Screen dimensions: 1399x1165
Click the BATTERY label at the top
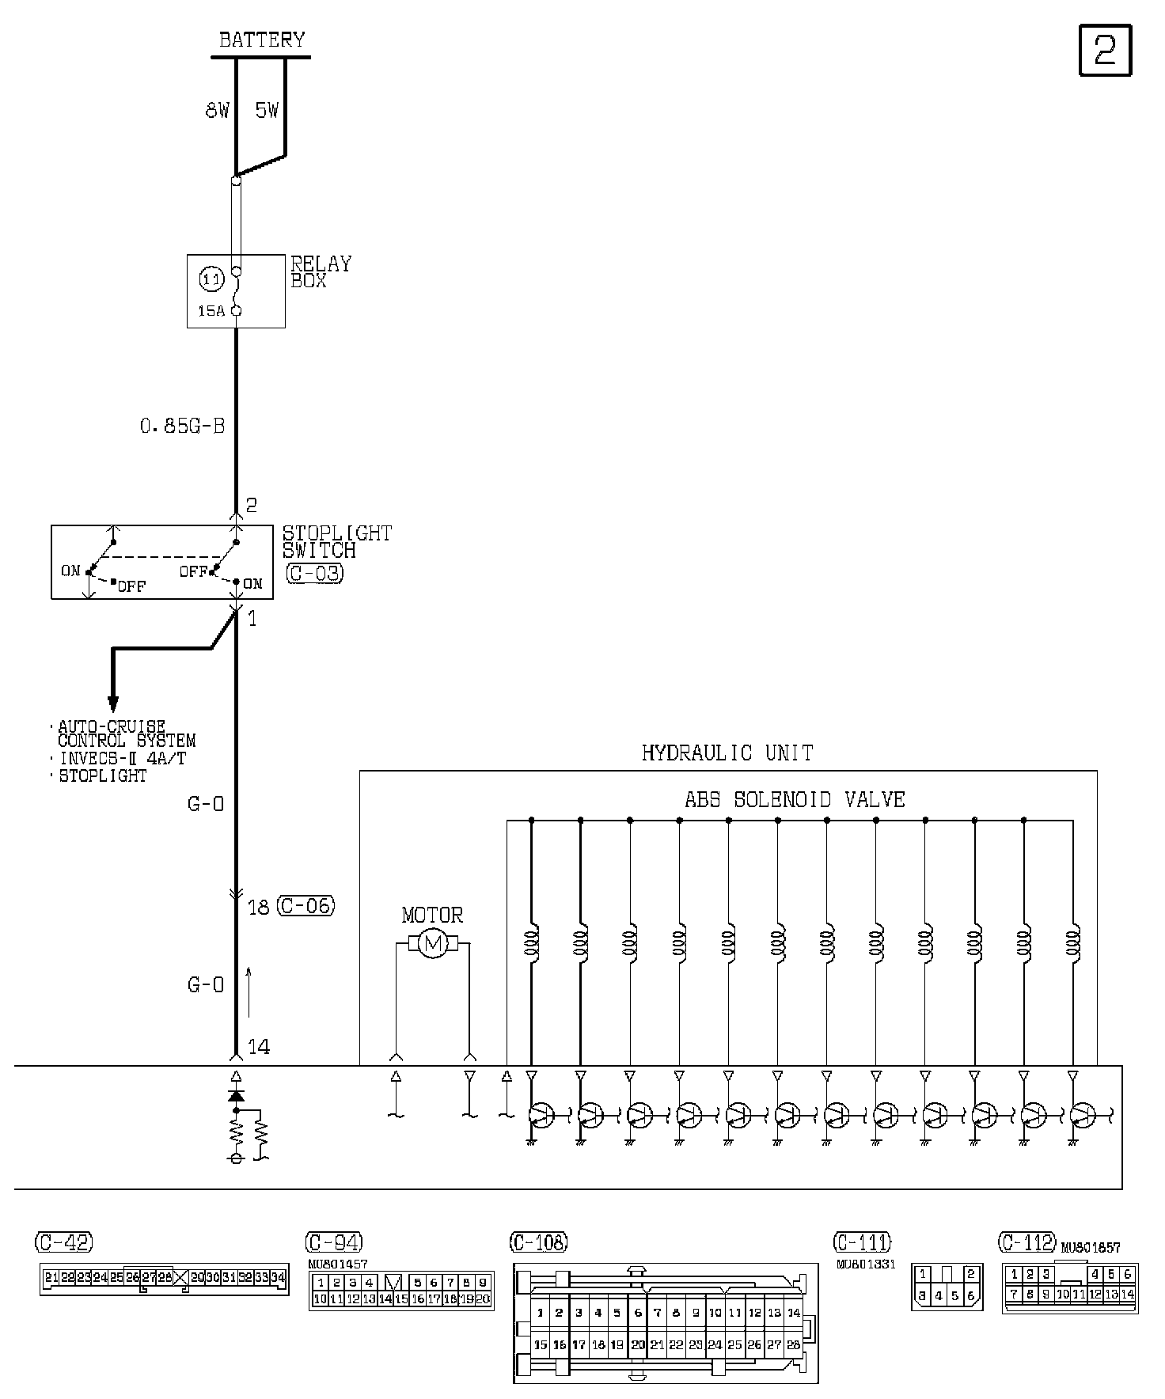click(x=261, y=40)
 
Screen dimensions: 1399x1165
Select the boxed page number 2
click(x=1105, y=51)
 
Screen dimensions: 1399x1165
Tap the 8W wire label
click(x=217, y=111)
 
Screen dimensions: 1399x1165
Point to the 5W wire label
click(x=267, y=111)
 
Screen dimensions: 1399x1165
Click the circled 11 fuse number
click(x=211, y=279)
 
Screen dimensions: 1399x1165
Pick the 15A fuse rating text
click(x=211, y=311)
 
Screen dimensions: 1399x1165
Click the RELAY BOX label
click(x=321, y=272)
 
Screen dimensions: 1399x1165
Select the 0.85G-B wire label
click(x=182, y=427)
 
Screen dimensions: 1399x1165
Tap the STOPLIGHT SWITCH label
click(x=336, y=541)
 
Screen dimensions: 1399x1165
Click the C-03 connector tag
click(x=314, y=573)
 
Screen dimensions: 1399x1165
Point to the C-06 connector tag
click(x=305, y=906)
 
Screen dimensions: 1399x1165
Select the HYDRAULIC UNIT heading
click(x=727, y=753)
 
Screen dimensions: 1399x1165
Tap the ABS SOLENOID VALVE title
click(x=794, y=799)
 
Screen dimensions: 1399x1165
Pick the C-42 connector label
click(x=63, y=1242)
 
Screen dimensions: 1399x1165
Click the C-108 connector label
click(x=539, y=1242)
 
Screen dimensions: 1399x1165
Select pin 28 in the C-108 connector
click(x=793, y=1344)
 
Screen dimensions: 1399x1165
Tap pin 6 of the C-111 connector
click(x=971, y=1296)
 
